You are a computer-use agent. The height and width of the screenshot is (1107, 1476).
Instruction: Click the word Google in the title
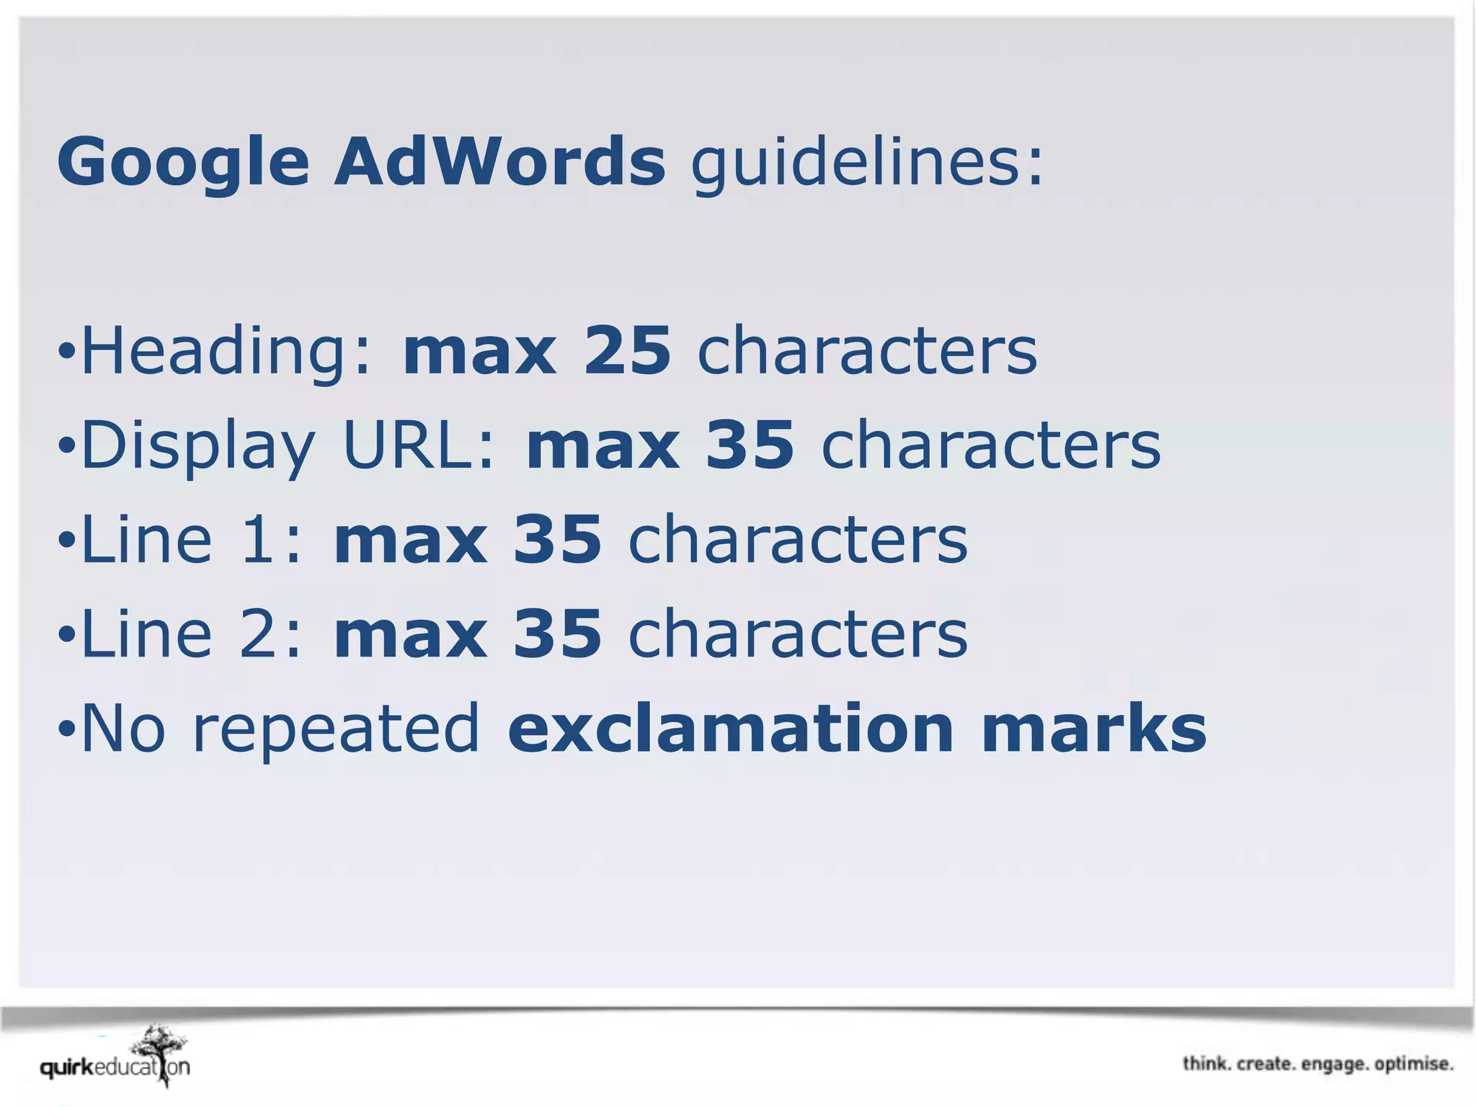[x=183, y=163]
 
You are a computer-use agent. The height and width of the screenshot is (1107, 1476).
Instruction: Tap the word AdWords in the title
[x=499, y=161]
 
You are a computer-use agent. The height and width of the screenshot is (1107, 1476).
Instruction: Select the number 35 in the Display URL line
[x=750, y=445]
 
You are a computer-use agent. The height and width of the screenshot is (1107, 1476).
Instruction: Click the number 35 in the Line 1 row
[x=557, y=540]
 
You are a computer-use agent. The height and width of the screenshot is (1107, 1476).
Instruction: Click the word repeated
[x=336, y=729]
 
